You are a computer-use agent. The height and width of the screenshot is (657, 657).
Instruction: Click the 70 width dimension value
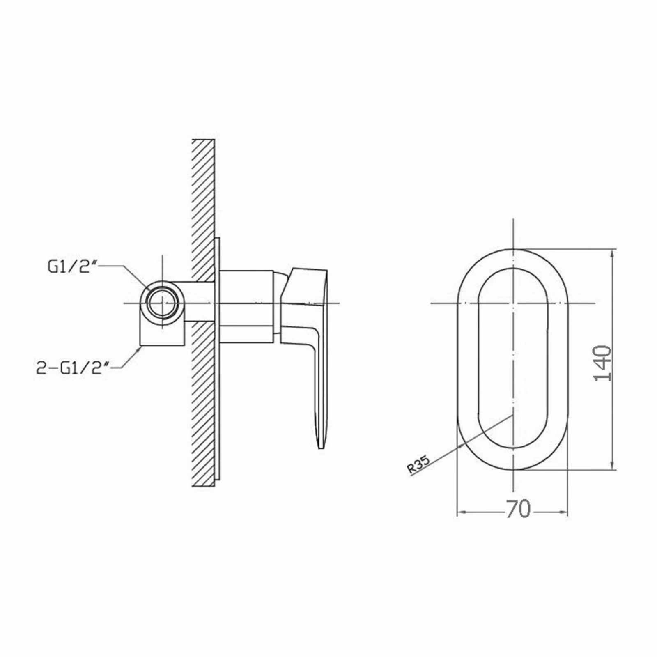518,510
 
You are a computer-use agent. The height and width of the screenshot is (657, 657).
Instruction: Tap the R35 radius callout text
419,465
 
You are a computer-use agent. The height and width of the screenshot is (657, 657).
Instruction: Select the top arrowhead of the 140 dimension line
613,252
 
